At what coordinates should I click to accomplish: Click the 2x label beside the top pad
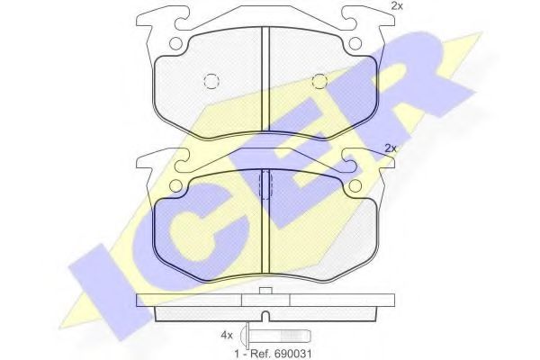point(396,6)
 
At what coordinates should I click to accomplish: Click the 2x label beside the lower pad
point(391,148)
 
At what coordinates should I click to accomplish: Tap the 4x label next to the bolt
point(227,335)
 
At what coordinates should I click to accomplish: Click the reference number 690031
point(293,354)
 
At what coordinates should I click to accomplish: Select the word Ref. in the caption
point(261,354)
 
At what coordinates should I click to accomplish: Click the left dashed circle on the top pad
point(211,81)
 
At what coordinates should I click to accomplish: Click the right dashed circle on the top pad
point(319,81)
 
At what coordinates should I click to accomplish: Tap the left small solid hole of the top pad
point(175,43)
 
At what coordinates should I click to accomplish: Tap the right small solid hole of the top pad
point(355,43)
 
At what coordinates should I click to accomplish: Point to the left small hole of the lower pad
point(175,186)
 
